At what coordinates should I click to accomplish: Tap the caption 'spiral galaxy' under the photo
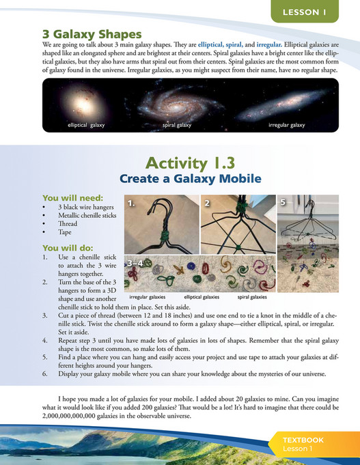(177, 126)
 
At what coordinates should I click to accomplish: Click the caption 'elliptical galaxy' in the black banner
(86, 126)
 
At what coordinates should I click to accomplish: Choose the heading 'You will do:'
(66, 247)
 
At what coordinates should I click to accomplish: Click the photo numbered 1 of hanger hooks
(161, 225)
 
